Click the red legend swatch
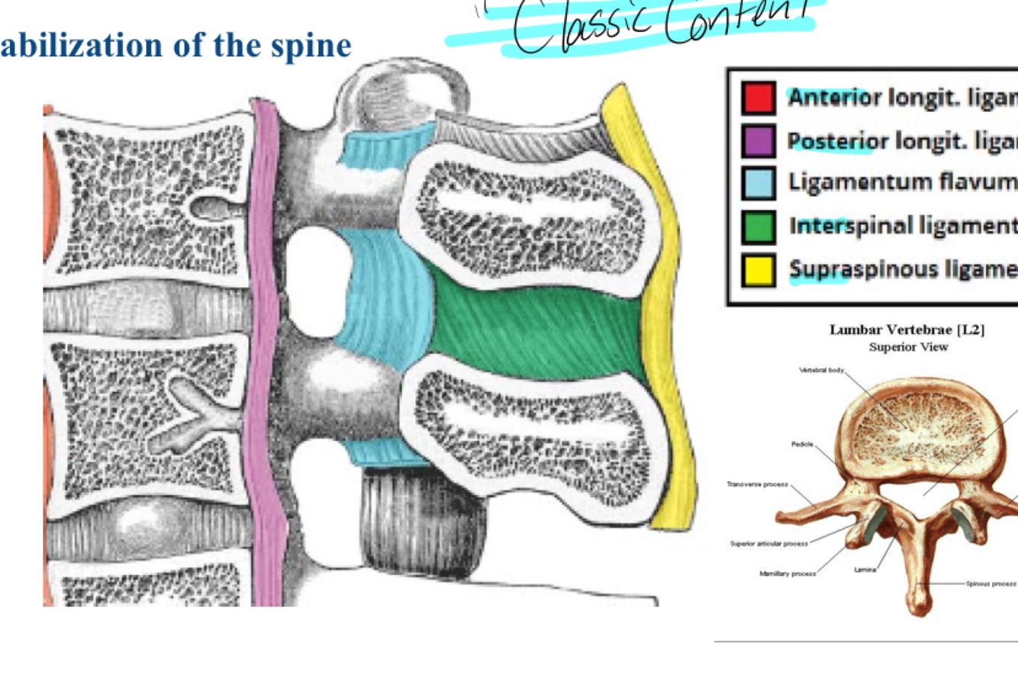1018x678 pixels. click(759, 98)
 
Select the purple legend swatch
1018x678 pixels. click(759, 141)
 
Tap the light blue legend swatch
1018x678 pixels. click(759, 184)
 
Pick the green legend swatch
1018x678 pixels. click(759, 227)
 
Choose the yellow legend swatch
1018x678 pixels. click(759, 270)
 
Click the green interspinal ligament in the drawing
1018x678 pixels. click(534, 328)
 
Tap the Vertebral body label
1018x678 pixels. click(821, 371)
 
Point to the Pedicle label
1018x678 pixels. click(802, 443)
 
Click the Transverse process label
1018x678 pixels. click(757, 484)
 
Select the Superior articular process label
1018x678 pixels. click(768, 544)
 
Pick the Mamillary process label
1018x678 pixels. click(788, 573)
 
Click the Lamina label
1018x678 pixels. click(865, 570)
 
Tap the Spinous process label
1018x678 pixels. click(991, 583)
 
